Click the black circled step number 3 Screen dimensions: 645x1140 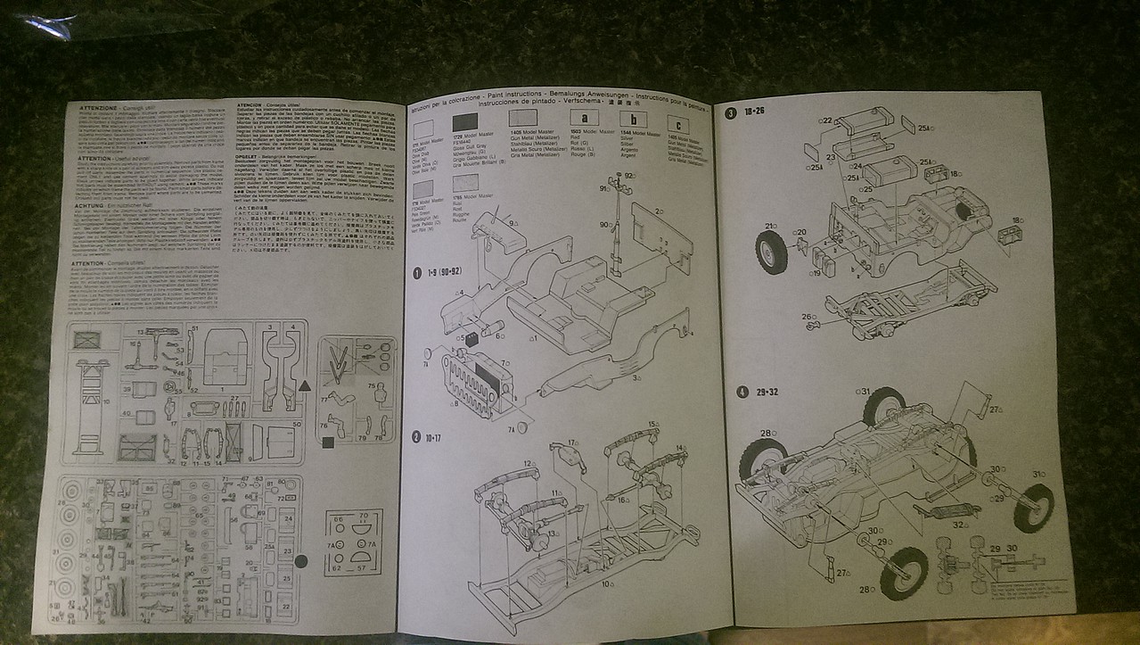click(x=731, y=113)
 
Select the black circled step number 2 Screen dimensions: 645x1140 click(x=415, y=436)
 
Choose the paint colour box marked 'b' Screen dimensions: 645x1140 click(x=633, y=120)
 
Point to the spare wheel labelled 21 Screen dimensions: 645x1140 click(x=771, y=252)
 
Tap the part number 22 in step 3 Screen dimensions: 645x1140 click(x=826, y=120)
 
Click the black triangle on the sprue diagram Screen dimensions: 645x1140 click(x=304, y=385)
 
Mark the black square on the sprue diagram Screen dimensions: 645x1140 click(x=327, y=442)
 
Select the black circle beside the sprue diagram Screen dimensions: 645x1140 click(x=301, y=561)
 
